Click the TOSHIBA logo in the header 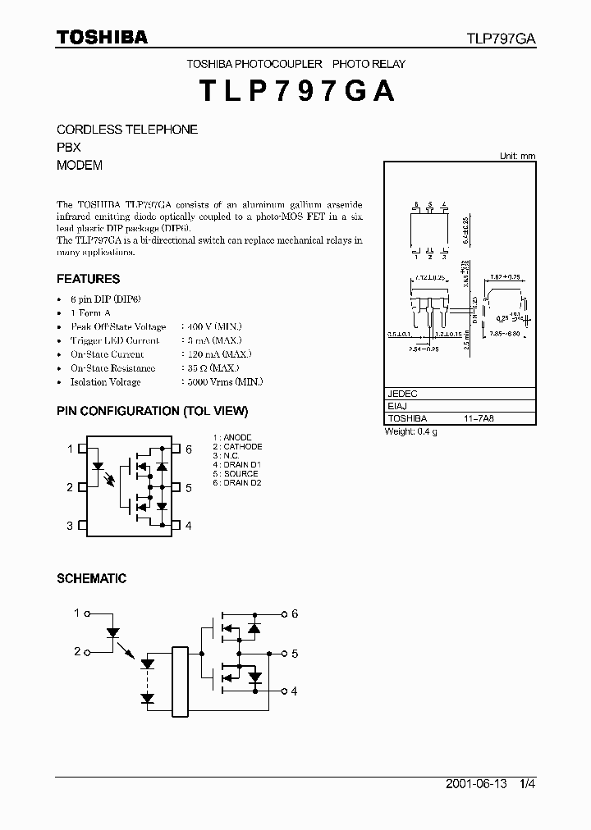pyautogui.click(x=102, y=37)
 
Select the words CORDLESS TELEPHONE pyautogui.click(x=127, y=130)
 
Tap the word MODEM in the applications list pyautogui.click(x=80, y=165)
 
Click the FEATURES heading pyautogui.click(x=89, y=279)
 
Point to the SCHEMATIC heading pyautogui.click(x=91, y=578)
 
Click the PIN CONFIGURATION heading pyautogui.click(x=152, y=411)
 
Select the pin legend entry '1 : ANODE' pyautogui.click(x=232, y=438)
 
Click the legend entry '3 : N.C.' pyautogui.click(x=228, y=456)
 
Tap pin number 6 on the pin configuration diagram pyautogui.click(x=189, y=449)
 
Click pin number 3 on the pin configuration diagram pyautogui.click(x=70, y=526)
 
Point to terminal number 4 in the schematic pyautogui.click(x=294, y=691)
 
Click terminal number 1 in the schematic pyautogui.click(x=77, y=613)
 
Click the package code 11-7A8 pyautogui.click(x=479, y=418)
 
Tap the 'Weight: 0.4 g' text pyautogui.click(x=411, y=431)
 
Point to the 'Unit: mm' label pyautogui.click(x=517, y=156)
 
